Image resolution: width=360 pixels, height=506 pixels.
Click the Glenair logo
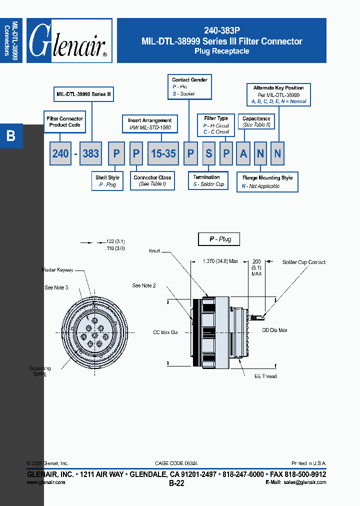click(69, 41)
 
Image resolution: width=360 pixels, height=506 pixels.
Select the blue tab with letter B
click(11, 135)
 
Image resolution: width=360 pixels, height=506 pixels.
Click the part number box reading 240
click(60, 153)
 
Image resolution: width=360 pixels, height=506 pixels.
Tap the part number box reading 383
click(90, 153)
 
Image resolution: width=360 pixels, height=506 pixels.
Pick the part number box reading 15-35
click(163, 153)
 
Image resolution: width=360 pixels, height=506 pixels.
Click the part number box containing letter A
click(243, 153)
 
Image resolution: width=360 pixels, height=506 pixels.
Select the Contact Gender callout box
click(189, 86)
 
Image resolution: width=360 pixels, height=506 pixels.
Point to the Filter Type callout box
click(216, 125)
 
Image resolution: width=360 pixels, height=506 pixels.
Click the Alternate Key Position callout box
click(278, 94)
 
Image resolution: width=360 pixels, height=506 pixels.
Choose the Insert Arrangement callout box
click(149, 123)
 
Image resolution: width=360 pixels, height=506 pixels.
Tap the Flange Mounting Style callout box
click(267, 181)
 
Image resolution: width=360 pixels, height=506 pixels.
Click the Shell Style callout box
click(107, 181)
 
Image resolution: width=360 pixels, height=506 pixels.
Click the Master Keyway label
click(57, 270)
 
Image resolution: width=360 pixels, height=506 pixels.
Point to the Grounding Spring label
click(38, 371)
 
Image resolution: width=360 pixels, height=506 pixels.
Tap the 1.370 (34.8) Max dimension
click(220, 261)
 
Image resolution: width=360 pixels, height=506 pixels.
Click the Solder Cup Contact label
click(303, 262)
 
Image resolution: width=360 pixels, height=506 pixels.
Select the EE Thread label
click(265, 376)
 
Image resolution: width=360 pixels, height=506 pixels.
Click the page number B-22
click(176, 483)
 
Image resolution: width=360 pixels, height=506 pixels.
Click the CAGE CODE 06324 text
click(179, 463)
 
